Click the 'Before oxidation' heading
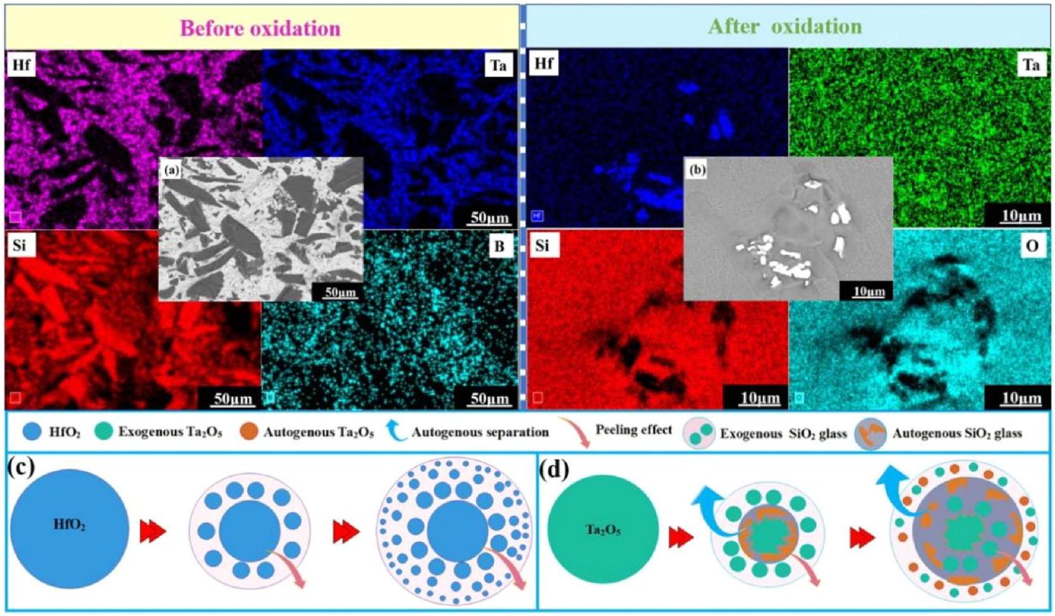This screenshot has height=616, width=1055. pyautogui.click(x=260, y=28)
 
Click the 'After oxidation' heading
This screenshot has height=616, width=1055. pyautogui.click(x=784, y=27)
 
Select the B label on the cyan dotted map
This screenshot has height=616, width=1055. pyautogui.click(x=499, y=246)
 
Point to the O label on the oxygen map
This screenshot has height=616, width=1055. pyautogui.click(x=1032, y=246)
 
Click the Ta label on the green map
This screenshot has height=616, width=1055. pyautogui.click(x=1032, y=65)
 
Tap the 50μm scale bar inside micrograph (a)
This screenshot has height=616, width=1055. pyautogui.click(x=339, y=292)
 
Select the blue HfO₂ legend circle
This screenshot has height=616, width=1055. pyautogui.click(x=32, y=432)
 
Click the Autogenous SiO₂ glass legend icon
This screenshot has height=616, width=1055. pyautogui.click(x=870, y=434)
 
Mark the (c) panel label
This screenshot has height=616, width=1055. pyautogui.click(x=21, y=468)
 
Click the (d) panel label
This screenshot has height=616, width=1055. pyautogui.click(x=555, y=468)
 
